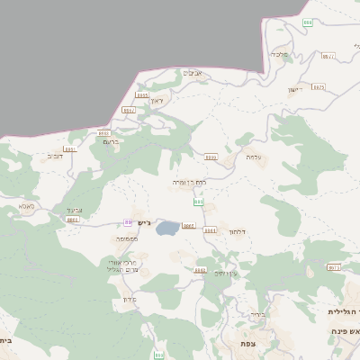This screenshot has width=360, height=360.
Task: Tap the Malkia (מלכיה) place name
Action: tap(286, 54)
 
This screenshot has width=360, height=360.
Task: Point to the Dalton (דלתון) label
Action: tap(238, 232)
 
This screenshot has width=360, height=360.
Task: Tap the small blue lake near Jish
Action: tap(166, 230)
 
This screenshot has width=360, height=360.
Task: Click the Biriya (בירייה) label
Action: tap(258, 314)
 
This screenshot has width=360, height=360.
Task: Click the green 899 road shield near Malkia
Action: tap(309, 22)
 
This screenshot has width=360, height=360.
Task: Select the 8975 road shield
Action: tap(318, 87)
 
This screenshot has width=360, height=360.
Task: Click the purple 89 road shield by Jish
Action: tap(129, 222)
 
